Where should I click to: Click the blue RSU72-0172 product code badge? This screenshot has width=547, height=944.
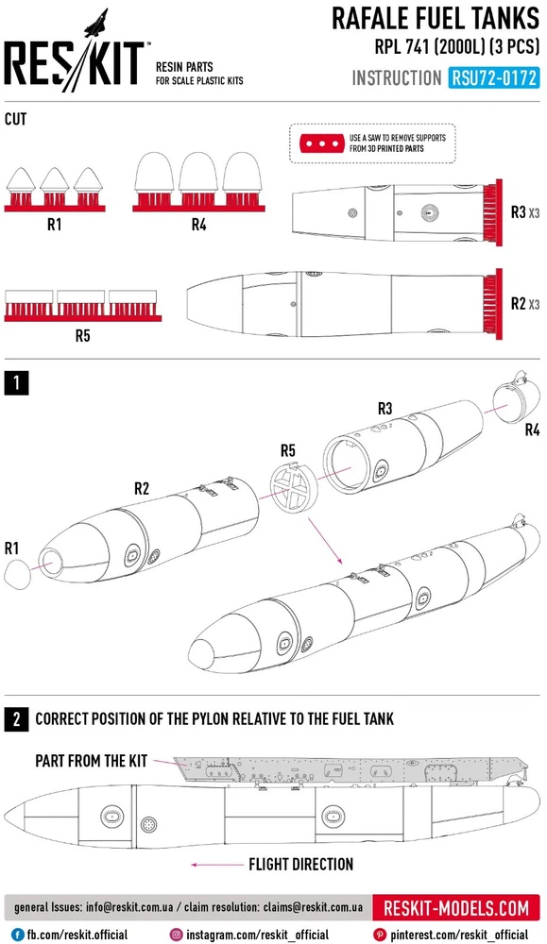tap(493, 78)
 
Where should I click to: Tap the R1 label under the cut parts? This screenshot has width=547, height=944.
tap(54, 225)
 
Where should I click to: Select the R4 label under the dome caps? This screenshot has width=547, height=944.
tap(198, 225)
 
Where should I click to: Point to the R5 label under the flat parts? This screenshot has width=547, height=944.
tap(82, 335)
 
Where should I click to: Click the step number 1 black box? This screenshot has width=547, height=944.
tap(16, 383)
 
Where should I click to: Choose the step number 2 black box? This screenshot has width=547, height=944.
tap(16, 718)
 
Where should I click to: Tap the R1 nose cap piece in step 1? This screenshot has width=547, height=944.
tap(17, 574)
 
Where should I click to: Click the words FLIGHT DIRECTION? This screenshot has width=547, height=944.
tap(300, 865)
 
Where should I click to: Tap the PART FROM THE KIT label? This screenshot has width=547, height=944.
tap(91, 760)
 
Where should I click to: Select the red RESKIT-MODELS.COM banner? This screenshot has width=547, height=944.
tap(456, 908)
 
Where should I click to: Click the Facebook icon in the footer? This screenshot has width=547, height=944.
tap(17, 935)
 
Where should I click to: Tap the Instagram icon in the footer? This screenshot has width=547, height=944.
tap(176, 935)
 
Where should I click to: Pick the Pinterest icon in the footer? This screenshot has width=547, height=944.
tap(380, 935)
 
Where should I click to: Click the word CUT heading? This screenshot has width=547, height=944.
tap(16, 119)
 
